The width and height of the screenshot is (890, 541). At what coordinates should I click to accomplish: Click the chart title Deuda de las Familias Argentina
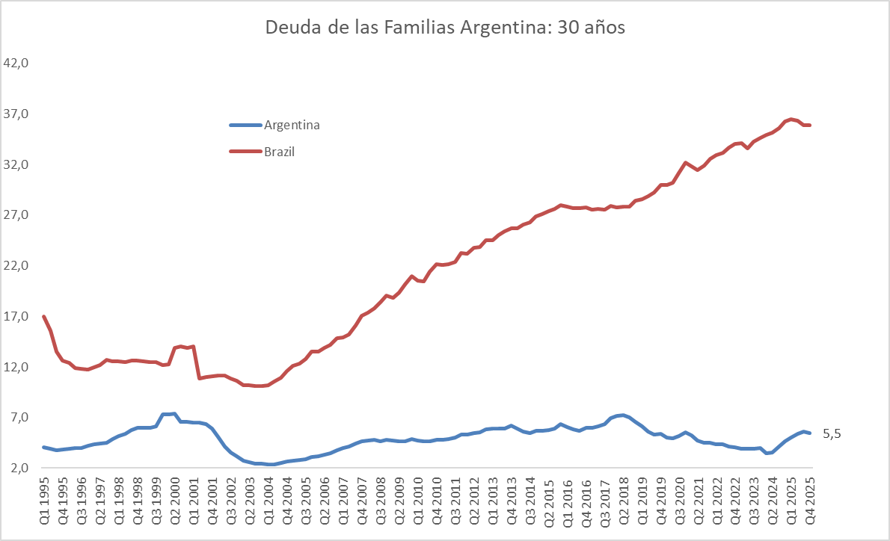(x=444, y=28)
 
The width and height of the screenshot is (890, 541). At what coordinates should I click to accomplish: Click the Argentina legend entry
(x=291, y=125)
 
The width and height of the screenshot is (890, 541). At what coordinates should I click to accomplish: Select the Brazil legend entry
(x=279, y=151)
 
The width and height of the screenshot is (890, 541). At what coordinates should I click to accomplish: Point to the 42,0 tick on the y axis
(x=16, y=64)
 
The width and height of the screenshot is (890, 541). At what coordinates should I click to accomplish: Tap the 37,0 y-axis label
(x=16, y=114)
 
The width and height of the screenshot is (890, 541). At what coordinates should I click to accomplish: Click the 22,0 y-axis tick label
(x=16, y=266)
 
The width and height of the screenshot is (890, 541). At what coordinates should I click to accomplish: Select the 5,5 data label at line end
(x=832, y=433)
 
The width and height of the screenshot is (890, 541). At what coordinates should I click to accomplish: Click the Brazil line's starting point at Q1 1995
(x=44, y=317)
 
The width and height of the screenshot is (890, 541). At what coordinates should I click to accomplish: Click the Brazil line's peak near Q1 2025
(x=791, y=119)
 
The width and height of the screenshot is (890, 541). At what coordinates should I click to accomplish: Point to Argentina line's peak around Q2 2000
(x=174, y=413)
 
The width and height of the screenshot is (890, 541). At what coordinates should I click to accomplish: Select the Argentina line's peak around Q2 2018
(x=622, y=415)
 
